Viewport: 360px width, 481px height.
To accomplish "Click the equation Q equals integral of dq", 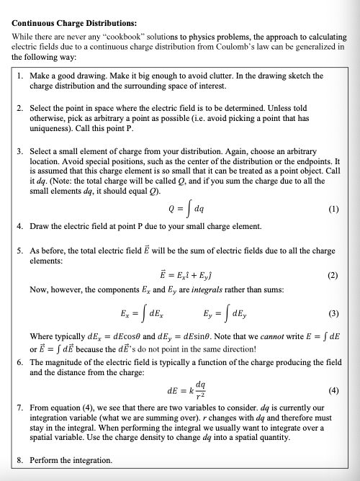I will [x=181, y=211].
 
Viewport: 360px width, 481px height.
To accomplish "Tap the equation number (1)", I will [x=333, y=212].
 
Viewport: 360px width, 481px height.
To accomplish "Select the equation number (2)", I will [x=333, y=275].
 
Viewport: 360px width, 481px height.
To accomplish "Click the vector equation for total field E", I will [x=181, y=275].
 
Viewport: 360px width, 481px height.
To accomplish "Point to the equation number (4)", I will [x=333, y=392].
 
